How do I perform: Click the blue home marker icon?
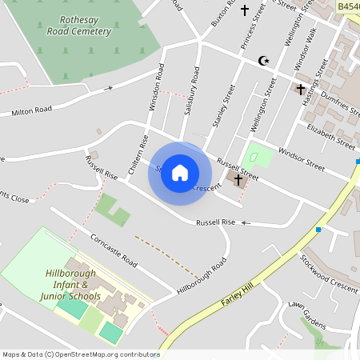click(180, 172)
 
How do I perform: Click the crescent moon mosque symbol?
click(263, 60)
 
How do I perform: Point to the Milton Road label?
click(31, 110)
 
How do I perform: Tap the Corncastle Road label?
click(114, 251)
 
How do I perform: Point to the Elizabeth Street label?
click(330, 135)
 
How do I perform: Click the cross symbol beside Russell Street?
click(238, 180)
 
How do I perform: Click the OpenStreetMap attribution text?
click(81, 354)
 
